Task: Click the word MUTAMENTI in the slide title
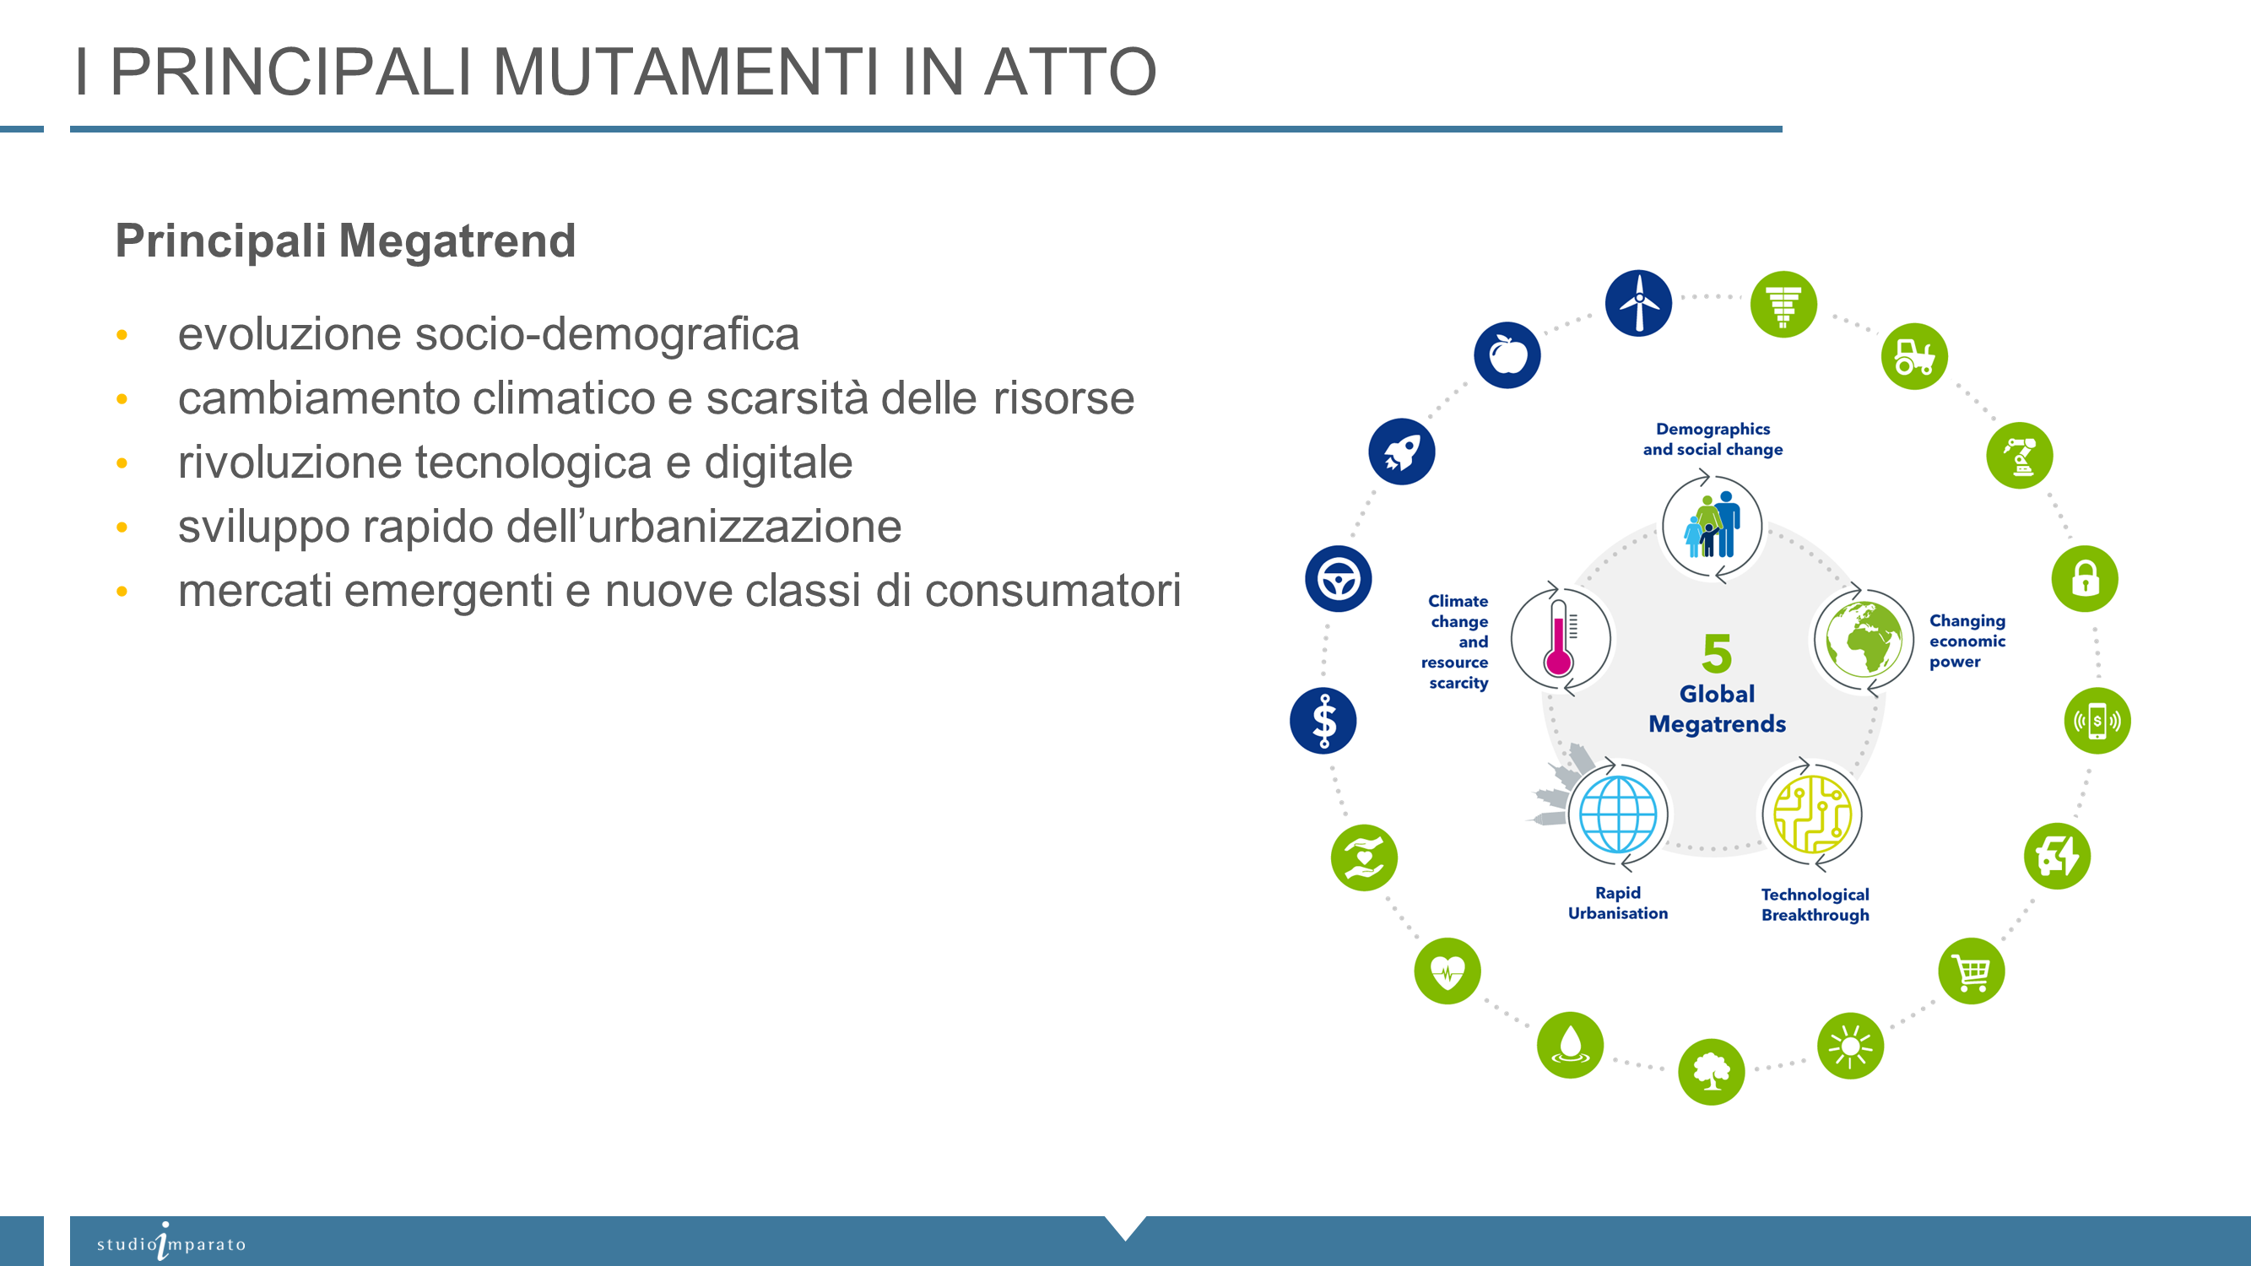click(x=686, y=72)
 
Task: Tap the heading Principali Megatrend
click(x=345, y=241)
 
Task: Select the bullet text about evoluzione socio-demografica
click(x=489, y=333)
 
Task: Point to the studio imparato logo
click(x=171, y=1242)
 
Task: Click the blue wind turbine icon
click(x=1638, y=303)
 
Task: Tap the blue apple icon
click(x=1507, y=354)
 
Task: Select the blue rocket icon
click(x=1402, y=452)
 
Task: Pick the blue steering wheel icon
click(x=1339, y=578)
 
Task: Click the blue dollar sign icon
click(x=1323, y=721)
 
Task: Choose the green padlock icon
click(x=2085, y=578)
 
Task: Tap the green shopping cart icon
click(x=1972, y=971)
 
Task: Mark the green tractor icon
click(x=1914, y=356)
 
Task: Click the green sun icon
click(x=1850, y=1046)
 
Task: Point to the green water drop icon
click(x=1570, y=1045)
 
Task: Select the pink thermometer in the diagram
click(x=1559, y=639)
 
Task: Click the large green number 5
click(x=1717, y=652)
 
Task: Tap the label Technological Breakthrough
click(x=1815, y=904)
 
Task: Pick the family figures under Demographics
click(x=1712, y=524)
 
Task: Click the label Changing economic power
click(x=1967, y=641)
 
